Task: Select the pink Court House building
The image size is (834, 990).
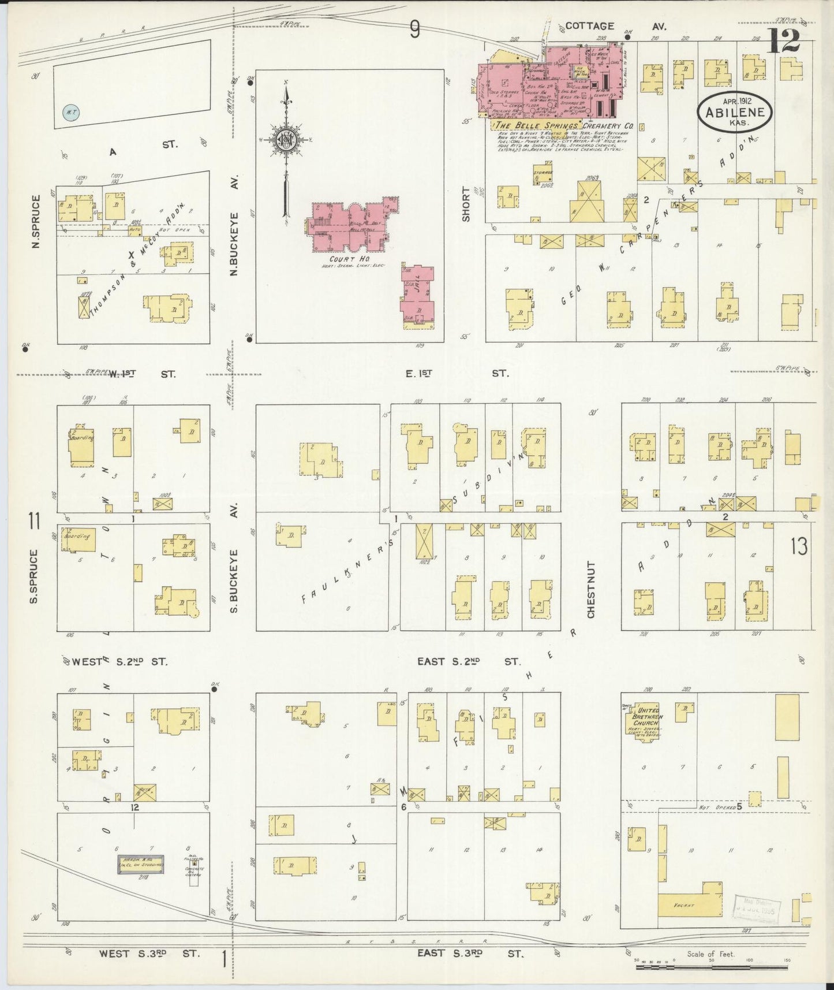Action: tap(353, 226)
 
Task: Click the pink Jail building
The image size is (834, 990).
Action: tap(417, 295)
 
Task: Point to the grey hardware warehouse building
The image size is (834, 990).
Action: tap(141, 865)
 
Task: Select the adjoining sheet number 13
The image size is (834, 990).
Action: tap(799, 545)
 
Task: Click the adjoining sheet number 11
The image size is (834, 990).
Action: tap(34, 522)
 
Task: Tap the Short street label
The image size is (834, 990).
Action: tap(466, 203)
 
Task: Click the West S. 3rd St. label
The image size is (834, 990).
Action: tap(148, 953)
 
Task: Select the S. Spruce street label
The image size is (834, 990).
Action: tap(34, 576)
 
